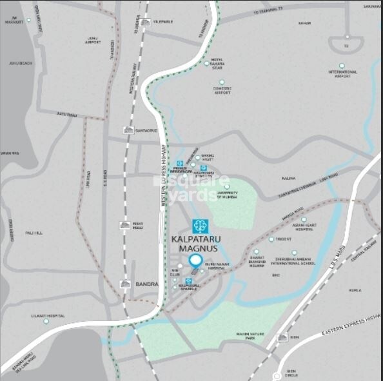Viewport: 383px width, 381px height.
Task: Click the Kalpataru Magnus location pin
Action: click(x=195, y=262)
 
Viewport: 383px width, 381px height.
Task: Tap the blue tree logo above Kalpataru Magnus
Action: click(x=199, y=227)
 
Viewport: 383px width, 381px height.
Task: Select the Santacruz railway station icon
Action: click(x=129, y=130)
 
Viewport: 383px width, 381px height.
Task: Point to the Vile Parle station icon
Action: click(x=146, y=22)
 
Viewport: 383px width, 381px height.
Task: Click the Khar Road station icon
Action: click(x=124, y=225)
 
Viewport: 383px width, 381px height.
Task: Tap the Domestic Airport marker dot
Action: click(x=222, y=83)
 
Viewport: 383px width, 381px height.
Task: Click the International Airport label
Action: click(x=342, y=74)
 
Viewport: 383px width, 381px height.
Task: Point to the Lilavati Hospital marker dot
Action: click(x=46, y=321)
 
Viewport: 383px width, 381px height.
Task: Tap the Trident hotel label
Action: click(x=284, y=239)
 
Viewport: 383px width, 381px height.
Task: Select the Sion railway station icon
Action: click(x=282, y=337)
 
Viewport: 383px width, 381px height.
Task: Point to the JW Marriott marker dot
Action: click(x=28, y=20)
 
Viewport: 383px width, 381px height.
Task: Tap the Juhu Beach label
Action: click(x=22, y=63)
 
